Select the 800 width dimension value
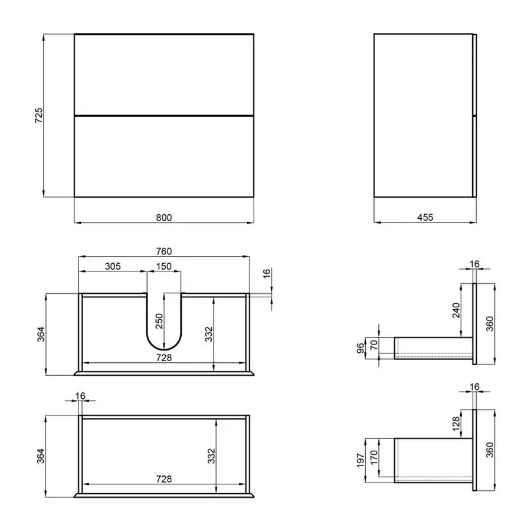point(164,217)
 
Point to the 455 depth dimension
point(425,217)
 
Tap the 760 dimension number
point(164,251)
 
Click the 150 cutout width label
point(164,266)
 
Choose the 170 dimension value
point(374,457)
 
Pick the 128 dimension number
point(454,424)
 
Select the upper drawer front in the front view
point(164,74)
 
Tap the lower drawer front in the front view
point(164,156)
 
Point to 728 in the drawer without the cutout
point(164,479)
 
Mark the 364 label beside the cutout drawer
point(38,334)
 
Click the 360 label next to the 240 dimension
point(490,323)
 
